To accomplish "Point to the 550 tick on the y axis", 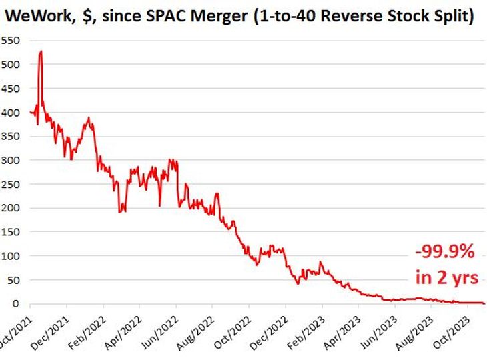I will click(x=11, y=41).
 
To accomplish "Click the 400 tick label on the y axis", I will click(x=11, y=113).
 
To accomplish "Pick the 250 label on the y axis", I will click(x=11, y=184).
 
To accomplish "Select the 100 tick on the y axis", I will click(x=11, y=256).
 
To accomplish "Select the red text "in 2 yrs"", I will click(x=444, y=277).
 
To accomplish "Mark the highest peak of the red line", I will click(x=41, y=51).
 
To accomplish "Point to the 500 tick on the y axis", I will click(x=11, y=65).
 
